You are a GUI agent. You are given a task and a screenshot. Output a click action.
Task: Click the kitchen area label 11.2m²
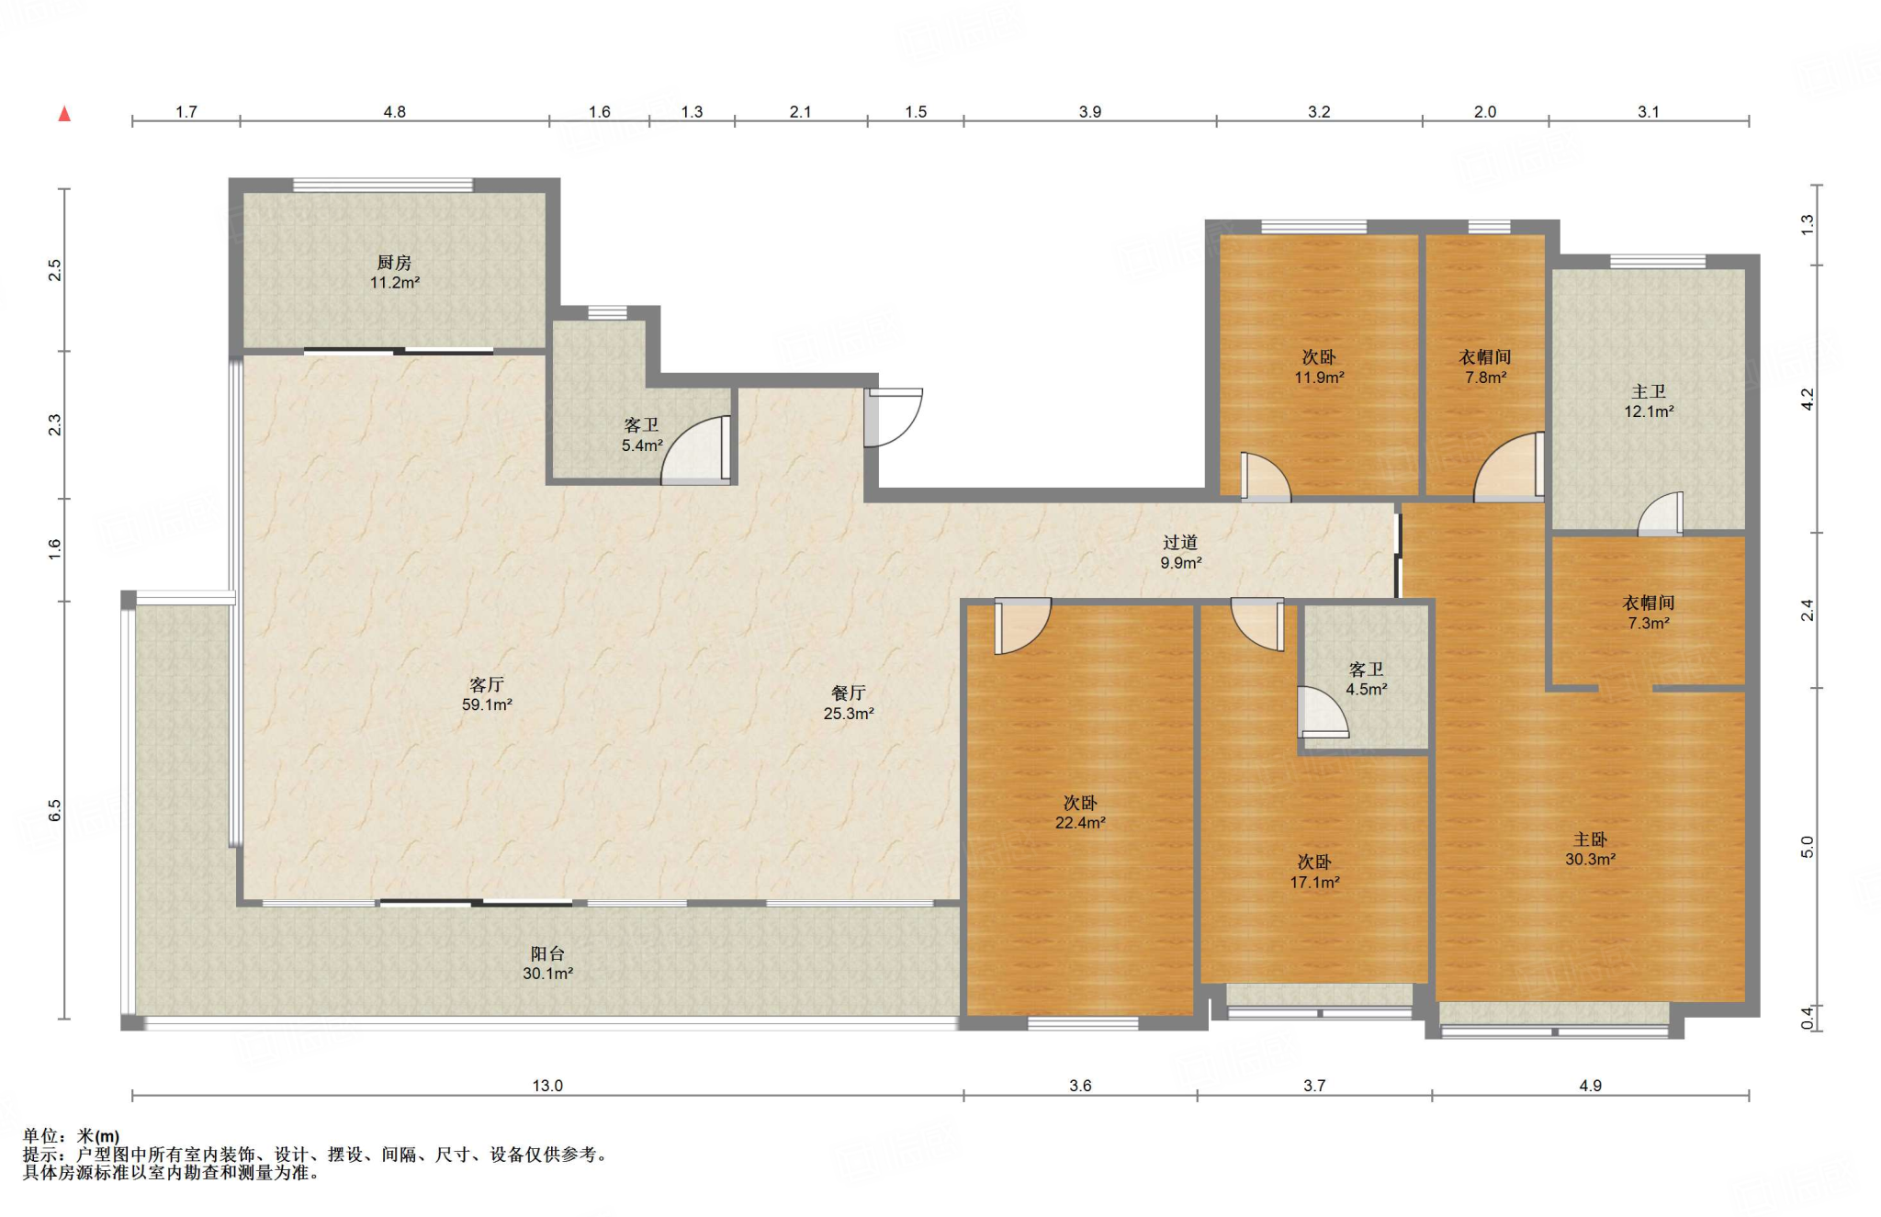point(395,283)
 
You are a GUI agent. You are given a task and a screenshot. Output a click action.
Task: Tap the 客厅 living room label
point(486,684)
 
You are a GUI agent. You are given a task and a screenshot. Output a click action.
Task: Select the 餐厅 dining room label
point(848,693)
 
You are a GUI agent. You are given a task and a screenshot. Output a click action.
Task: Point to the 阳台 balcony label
point(547,953)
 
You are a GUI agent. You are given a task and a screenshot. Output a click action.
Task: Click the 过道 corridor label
point(1180,542)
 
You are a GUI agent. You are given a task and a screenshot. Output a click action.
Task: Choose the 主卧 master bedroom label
point(1590,840)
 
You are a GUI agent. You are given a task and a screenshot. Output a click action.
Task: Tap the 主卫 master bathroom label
point(1649,391)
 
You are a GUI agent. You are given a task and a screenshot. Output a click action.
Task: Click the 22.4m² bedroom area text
point(1080,823)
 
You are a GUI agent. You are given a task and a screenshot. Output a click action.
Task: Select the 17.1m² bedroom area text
point(1314,883)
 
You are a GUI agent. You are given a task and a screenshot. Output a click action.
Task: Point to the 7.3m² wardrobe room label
point(1649,623)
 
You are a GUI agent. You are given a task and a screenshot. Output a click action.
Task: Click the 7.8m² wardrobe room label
point(1485,377)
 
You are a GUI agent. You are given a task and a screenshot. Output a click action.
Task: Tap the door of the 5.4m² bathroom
point(696,449)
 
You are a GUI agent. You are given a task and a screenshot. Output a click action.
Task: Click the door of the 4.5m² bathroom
point(1323,712)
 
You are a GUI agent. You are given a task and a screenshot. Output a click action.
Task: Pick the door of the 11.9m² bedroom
point(1265,477)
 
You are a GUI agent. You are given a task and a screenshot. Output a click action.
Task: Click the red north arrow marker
point(64,114)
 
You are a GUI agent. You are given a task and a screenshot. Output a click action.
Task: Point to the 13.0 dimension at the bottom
point(547,1086)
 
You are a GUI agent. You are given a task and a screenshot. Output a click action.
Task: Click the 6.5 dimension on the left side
point(55,810)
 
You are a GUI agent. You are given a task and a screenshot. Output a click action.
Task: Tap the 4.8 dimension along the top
point(394,112)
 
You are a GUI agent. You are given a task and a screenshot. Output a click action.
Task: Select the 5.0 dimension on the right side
point(1808,847)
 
